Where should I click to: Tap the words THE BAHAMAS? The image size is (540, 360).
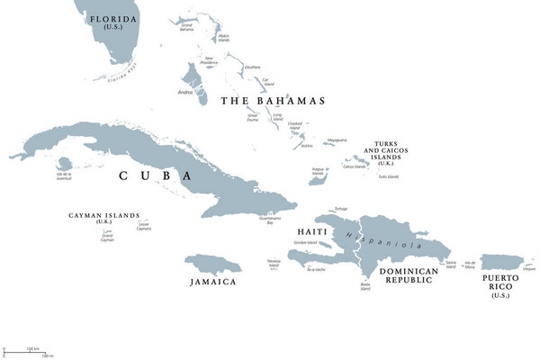point(273,101)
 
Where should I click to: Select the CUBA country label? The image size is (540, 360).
point(155,176)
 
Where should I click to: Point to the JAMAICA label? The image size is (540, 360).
point(212,282)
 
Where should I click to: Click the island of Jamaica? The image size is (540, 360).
point(213,265)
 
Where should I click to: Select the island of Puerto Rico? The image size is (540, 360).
point(506,262)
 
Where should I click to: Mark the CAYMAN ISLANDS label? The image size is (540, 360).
point(104,216)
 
